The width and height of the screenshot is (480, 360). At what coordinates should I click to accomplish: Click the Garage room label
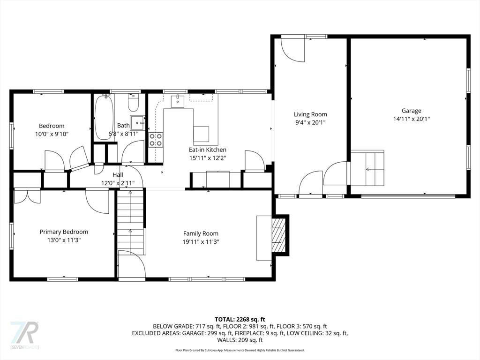412,111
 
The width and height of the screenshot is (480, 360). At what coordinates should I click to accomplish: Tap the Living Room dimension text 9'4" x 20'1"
310,122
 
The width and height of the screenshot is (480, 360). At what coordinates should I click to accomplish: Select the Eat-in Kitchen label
208,150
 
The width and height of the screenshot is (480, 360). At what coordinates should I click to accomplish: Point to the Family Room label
201,233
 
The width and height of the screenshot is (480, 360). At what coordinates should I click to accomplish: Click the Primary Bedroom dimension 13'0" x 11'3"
64,240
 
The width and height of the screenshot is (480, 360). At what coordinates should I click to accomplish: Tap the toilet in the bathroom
134,103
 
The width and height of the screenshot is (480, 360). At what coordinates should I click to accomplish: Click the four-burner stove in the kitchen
156,140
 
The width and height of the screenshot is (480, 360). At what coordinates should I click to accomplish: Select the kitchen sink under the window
178,101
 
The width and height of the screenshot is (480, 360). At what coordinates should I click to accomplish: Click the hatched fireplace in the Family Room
277,235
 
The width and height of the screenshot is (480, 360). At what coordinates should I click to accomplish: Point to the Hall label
118,175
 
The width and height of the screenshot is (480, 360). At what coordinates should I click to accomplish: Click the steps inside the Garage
367,168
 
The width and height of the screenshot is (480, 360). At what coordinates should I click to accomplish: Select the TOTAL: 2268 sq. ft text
240,320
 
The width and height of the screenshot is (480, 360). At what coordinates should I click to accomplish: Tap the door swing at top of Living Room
293,50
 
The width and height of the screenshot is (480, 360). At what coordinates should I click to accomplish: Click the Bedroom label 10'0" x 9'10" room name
52,126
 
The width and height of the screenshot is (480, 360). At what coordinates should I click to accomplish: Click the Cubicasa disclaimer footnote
240,350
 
